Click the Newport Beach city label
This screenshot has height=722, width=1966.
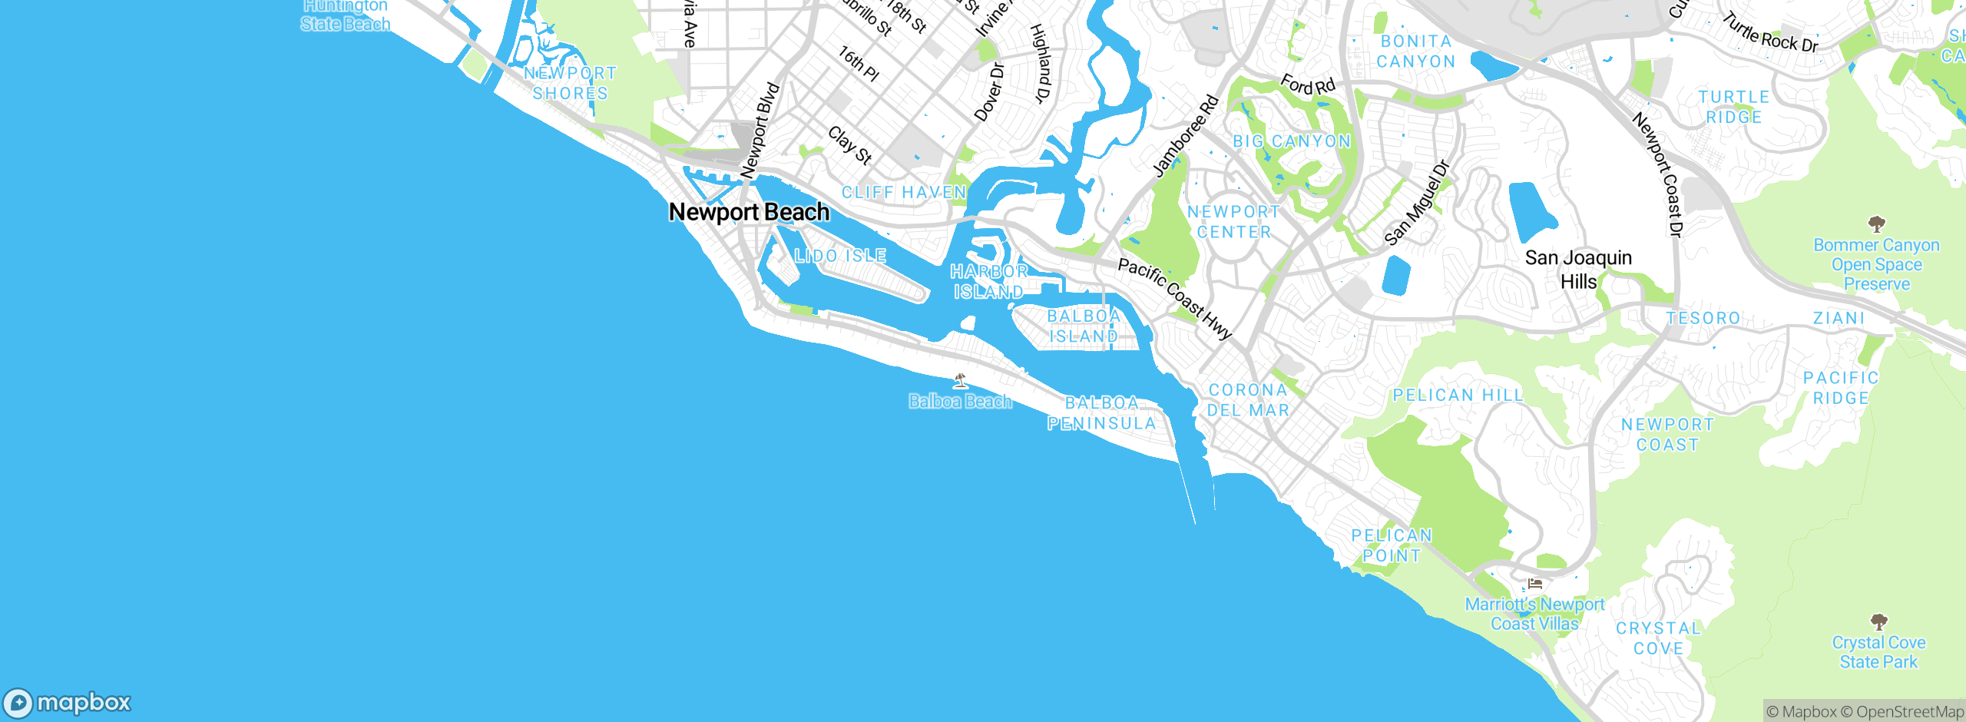749,212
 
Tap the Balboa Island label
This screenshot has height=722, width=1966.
1084,326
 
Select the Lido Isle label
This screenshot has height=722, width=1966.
840,256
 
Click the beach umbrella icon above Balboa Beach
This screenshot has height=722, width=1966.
960,380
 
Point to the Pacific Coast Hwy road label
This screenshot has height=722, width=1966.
1174,298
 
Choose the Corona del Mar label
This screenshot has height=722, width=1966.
1248,400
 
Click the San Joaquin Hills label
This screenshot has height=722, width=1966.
1578,270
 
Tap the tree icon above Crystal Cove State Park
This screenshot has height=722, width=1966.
1878,621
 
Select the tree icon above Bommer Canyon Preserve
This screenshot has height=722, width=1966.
1877,224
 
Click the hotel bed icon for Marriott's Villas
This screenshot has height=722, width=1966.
1535,584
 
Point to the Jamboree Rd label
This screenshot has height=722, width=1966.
1187,136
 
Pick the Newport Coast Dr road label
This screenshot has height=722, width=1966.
1658,174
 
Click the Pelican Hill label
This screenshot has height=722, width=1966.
1458,396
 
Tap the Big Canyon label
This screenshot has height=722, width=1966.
1291,141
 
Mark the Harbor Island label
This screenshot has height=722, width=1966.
989,282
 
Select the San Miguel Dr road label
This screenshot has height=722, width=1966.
1417,204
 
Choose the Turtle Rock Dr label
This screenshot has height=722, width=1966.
1770,33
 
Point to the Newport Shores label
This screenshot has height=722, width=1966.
571,83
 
